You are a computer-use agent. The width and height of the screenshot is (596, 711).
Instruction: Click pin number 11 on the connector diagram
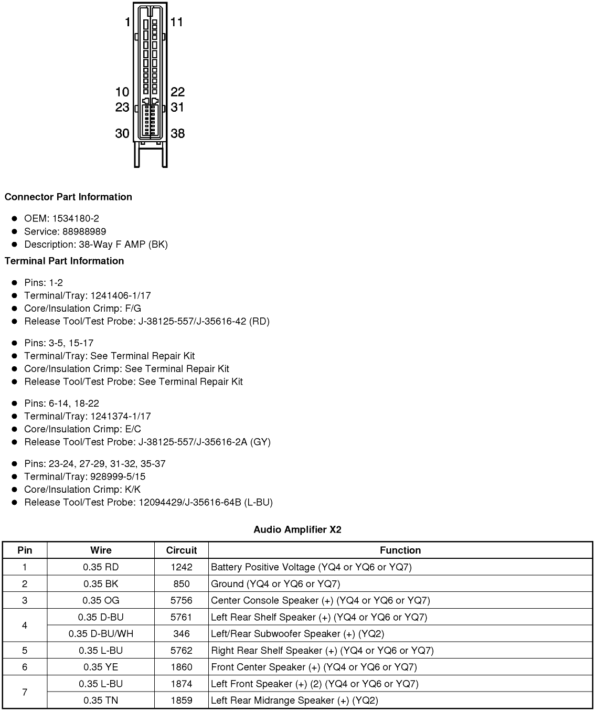coord(177,22)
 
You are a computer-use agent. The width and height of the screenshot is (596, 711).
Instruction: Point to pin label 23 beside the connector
coord(122,108)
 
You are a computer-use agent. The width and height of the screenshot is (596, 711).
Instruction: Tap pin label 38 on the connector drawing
coord(178,133)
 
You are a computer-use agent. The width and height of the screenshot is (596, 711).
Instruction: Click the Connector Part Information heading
coord(68,197)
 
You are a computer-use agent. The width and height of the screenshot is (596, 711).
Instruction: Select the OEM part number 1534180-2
coord(76,218)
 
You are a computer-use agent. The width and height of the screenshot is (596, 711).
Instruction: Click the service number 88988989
coord(79,231)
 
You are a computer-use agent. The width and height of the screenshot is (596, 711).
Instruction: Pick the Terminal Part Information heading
coord(65,261)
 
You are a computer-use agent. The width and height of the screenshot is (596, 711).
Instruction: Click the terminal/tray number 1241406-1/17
coord(121,295)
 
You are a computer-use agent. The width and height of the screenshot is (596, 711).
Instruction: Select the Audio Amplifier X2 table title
coord(297,529)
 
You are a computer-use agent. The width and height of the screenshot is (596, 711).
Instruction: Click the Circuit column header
coord(182,550)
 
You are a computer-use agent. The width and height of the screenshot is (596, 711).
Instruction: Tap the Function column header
coord(400,550)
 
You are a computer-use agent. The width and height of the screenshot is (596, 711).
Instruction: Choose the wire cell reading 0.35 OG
coord(101,600)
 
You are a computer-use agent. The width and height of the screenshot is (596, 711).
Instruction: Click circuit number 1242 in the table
coord(182,567)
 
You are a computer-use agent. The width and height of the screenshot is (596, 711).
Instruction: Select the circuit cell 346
coord(182,633)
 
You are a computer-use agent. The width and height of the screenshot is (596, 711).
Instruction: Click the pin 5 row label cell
coord(25,650)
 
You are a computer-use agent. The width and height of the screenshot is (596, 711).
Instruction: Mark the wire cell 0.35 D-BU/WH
coord(101,633)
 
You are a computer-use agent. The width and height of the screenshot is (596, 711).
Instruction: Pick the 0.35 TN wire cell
coord(101,700)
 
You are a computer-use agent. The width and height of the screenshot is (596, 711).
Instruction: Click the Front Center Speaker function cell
coord(314,667)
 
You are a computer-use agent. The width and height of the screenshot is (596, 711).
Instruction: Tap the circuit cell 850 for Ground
coord(182,583)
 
